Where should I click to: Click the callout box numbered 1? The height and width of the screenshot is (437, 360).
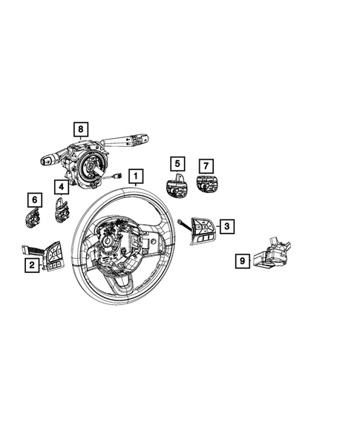click(x=136, y=176)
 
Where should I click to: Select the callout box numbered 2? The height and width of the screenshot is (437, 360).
click(x=30, y=265)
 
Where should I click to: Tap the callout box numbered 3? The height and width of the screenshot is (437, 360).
click(x=227, y=226)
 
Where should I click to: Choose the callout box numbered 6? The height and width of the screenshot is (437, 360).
click(x=34, y=199)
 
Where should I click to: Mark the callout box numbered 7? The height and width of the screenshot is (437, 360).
click(x=207, y=165)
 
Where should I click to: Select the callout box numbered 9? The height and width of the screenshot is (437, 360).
click(x=242, y=260)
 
